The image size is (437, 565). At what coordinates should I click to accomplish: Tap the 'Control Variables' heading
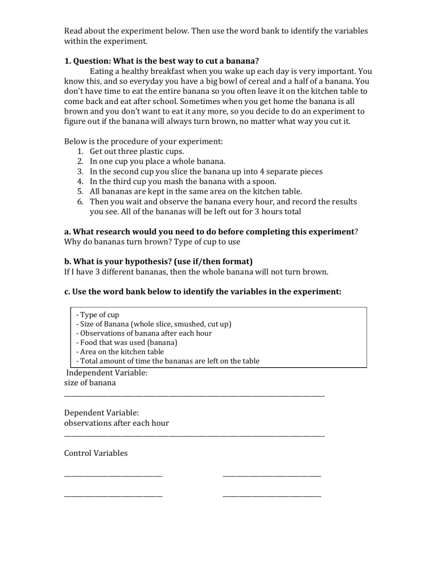coord(96,453)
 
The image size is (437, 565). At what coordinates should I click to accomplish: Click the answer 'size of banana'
coord(90,383)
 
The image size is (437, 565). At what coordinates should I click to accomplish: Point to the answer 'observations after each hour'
coord(116,423)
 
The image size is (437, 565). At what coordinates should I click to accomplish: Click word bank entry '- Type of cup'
coord(97,315)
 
